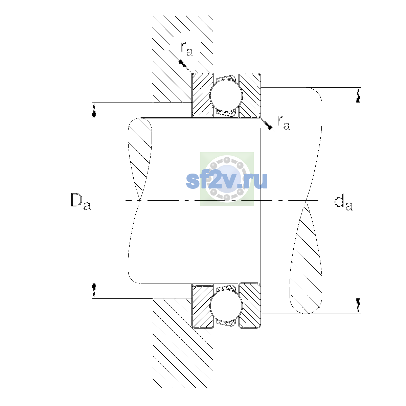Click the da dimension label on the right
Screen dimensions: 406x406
click(343, 203)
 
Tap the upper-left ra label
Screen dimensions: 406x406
click(186, 49)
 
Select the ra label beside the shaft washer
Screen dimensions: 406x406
click(284, 122)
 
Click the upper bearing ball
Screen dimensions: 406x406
click(226, 95)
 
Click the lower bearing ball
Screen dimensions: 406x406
click(226, 306)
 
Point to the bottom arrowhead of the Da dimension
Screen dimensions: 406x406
click(94, 291)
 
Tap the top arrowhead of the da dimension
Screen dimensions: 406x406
click(358, 95)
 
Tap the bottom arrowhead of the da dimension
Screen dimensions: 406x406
click(358, 306)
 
